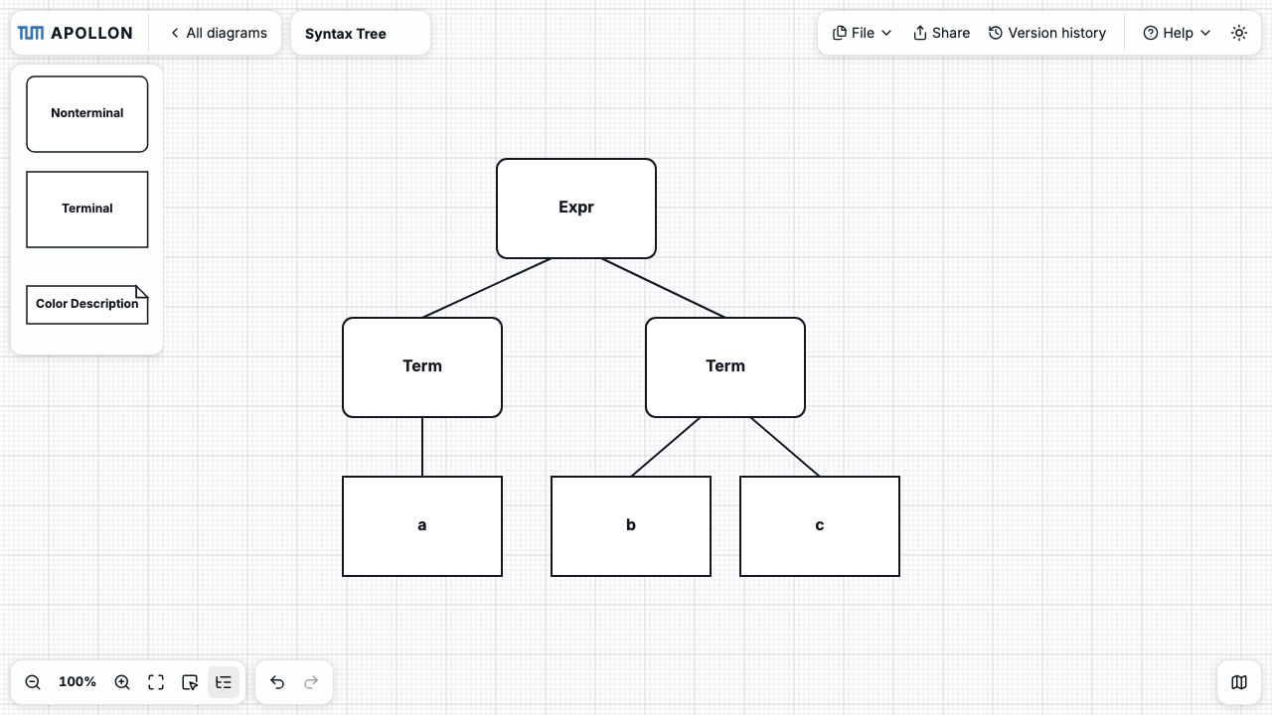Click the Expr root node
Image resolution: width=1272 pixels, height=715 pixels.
[x=575, y=209]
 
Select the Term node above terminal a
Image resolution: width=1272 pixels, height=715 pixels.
[x=422, y=367]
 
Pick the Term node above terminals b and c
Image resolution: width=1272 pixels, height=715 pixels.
[x=725, y=367]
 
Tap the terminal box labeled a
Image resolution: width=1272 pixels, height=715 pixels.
[x=422, y=526]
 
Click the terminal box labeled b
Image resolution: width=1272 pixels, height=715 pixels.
[x=630, y=526]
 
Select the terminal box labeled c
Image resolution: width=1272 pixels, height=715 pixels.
[x=820, y=526]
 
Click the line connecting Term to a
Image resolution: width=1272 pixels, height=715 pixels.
[x=422, y=447]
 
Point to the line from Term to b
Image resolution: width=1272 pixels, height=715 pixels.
[x=665, y=447]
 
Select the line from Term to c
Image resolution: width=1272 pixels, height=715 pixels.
[x=785, y=447]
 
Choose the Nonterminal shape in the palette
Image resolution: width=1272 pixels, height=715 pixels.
[x=86, y=114]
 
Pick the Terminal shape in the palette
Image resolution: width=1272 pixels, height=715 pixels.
[x=86, y=210]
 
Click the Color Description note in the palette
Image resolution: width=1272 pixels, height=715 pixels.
[x=86, y=305]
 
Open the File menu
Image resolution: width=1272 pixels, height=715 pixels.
[x=862, y=33]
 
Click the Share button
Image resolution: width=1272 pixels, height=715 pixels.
[x=941, y=33]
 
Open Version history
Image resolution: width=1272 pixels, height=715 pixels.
[x=1047, y=33]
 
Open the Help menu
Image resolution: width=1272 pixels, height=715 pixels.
[x=1177, y=33]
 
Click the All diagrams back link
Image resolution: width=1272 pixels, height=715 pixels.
[x=219, y=33]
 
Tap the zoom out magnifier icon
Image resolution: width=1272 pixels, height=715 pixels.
[x=33, y=681]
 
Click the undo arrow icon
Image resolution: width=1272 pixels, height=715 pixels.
[x=277, y=681]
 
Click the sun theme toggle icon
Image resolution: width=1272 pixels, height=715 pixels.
[x=1239, y=33]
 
